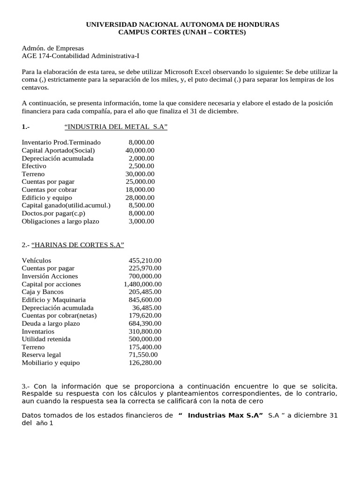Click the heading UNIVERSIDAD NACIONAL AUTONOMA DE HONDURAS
182,24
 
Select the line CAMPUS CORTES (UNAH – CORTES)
182,32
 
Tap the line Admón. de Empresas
53,48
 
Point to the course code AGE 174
35,56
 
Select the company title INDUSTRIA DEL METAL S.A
116,127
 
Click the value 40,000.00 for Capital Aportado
140,150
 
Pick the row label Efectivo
34,166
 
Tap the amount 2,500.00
142,166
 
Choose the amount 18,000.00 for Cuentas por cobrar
140,190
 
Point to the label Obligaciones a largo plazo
60,221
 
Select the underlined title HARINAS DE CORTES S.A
77,245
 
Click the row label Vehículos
37,261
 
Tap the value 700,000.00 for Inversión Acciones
145,277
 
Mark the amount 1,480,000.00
143,285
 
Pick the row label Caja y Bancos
43,292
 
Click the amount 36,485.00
147,308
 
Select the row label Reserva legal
41,355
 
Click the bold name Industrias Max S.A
225,416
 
